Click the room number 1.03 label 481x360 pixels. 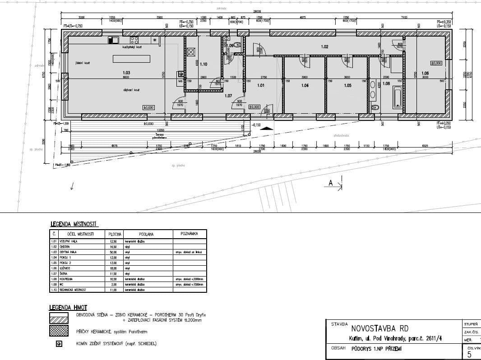(x=126, y=73)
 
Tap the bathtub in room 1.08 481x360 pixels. (x=397, y=97)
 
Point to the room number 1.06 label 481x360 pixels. (x=425, y=73)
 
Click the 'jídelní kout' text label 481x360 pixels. (x=83, y=63)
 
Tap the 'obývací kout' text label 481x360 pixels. (x=131, y=90)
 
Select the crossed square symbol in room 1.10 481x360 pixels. (x=191, y=51)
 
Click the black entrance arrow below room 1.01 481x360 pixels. (x=267, y=129)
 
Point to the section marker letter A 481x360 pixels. (x=331, y=183)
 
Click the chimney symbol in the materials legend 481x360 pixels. (x=59, y=344)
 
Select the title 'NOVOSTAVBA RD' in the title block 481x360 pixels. (x=379, y=328)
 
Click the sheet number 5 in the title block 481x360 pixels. (x=469, y=355)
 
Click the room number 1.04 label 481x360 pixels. (x=305, y=85)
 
